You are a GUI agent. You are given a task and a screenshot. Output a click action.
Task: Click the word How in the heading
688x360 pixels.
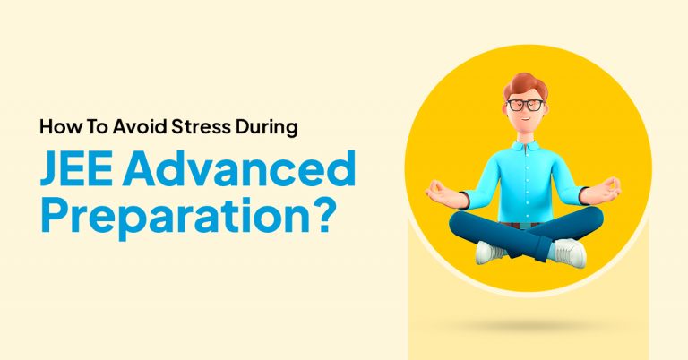pyautogui.click(x=56, y=126)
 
